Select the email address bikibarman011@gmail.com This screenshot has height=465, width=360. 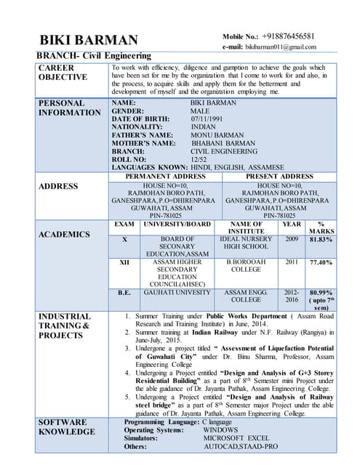pos(280,46)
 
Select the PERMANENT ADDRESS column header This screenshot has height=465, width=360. pos(166,176)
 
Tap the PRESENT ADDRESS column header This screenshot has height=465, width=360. pos(279,176)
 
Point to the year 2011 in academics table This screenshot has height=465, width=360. pos(292,262)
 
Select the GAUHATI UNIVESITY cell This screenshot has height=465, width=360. pos(177,292)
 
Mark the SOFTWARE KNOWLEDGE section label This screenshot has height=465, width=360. pos(67,427)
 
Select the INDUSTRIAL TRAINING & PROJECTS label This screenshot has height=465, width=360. pos(65,326)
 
